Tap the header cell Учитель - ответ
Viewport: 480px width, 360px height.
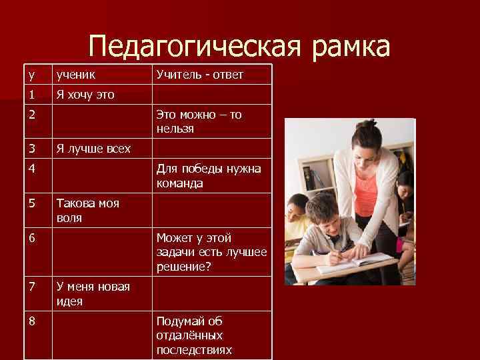[199, 75]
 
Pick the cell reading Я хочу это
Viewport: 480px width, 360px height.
[85, 95]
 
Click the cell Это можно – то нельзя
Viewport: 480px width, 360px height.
[199, 121]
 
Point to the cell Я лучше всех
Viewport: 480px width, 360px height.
[93, 148]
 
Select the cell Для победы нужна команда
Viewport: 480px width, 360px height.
[208, 176]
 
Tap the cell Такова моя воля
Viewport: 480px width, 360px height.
[87, 210]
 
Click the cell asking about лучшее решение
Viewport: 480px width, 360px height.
[211, 252]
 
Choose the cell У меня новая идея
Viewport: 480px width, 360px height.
[93, 293]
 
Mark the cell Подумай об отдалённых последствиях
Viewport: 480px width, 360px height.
[194, 335]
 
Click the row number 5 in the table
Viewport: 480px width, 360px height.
[31, 203]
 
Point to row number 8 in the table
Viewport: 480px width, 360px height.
[31, 321]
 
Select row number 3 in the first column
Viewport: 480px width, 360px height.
[31, 148]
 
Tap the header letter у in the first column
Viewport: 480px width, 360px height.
[31, 75]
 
